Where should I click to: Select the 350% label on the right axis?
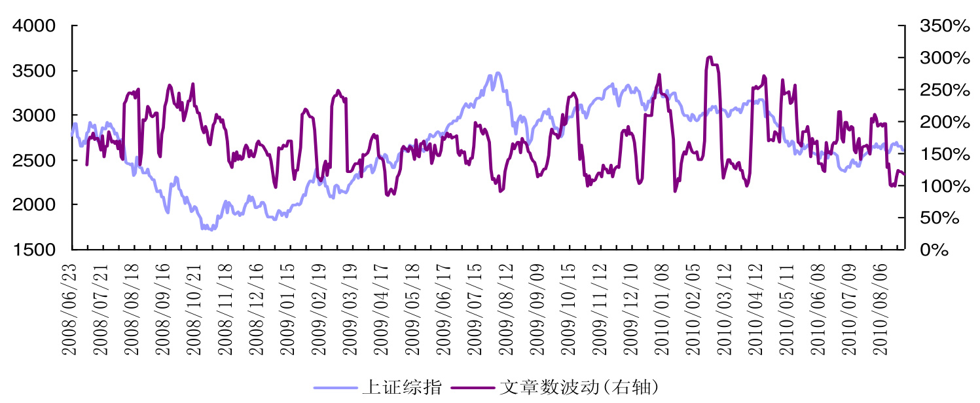[944, 26]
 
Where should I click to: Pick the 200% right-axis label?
[944, 122]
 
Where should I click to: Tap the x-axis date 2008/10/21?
[194, 307]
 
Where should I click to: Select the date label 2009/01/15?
[287, 307]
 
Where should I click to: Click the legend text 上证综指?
[401, 387]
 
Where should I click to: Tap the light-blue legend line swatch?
[336, 387]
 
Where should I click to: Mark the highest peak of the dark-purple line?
[710, 57]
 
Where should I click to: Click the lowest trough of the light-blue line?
[210, 229]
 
